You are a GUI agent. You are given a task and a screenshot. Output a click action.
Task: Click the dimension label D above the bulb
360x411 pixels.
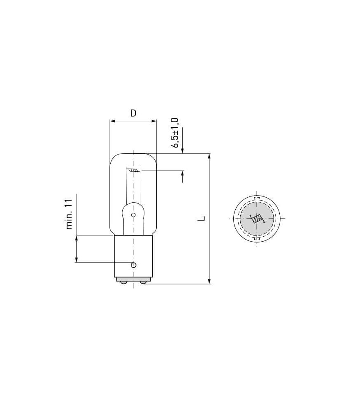tap(133, 113)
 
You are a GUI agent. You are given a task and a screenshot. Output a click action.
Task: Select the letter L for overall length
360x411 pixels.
tap(201, 218)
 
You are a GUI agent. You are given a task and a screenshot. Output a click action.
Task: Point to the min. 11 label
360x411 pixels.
tap(69, 214)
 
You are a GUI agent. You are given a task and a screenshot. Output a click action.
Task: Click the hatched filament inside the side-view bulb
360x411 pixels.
tap(133, 170)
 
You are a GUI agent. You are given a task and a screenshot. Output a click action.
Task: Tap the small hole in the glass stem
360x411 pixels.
tap(133, 215)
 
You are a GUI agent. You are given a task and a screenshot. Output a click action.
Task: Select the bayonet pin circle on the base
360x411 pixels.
tap(133, 265)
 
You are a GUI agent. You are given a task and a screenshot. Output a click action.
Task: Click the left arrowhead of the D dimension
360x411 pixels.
tap(112, 121)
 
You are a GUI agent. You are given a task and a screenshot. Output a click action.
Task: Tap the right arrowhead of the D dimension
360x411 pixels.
tap(154, 121)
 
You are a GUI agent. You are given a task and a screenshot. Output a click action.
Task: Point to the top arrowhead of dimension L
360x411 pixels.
tap(209, 156)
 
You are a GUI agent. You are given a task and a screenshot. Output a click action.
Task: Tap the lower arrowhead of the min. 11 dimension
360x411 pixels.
tap(76, 259)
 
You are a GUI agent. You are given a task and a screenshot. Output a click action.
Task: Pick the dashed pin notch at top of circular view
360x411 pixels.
tap(257, 199)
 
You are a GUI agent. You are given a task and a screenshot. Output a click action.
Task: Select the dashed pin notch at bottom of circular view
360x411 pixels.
tap(257, 238)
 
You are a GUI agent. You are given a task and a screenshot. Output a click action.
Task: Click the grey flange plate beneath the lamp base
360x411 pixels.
tap(133, 279)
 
